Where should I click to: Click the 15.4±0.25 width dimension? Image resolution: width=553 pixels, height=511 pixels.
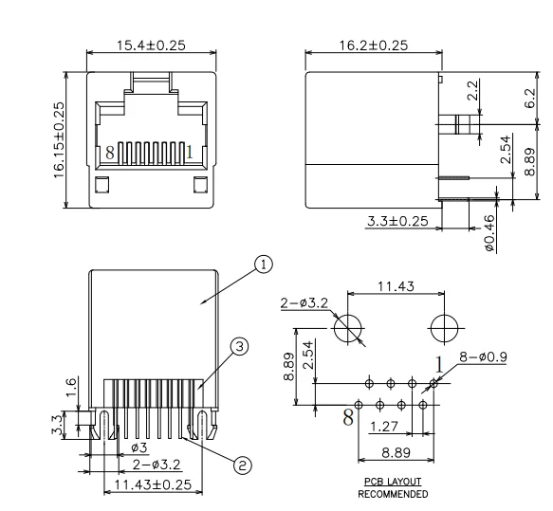coord(151,46)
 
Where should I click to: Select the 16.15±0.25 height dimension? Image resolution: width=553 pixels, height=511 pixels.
coord(59,140)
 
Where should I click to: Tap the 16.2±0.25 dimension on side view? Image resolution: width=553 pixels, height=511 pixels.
coord(374,46)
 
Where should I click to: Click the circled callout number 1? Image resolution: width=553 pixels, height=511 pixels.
coord(264,265)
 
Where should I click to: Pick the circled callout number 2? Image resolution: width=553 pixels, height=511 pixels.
coord(242,465)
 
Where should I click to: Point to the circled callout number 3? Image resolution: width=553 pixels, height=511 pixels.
coord(239,347)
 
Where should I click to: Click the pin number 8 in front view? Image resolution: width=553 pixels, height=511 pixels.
coord(110,153)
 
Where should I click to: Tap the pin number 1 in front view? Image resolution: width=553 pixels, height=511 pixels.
coord(190,153)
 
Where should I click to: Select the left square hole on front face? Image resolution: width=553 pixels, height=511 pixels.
coord(101,185)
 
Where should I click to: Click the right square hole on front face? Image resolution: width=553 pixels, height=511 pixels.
coord(200,185)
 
